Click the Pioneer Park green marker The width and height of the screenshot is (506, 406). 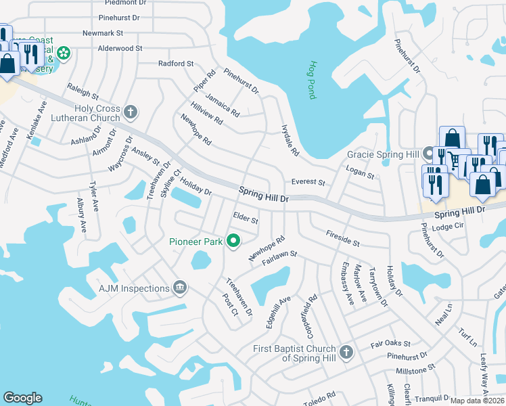[234, 241]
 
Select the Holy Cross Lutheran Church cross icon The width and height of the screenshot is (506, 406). [131, 111]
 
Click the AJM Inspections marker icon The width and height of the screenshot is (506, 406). [179, 288]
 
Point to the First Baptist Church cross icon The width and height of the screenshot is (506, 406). [346, 352]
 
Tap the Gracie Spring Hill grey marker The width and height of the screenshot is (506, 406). [428, 154]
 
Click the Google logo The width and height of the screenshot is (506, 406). [22, 398]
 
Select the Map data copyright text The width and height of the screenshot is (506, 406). [477, 401]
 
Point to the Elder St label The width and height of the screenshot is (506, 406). [246, 218]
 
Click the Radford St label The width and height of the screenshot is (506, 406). [176, 64]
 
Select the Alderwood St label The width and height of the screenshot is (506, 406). [120, 49]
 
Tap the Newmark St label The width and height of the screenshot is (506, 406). [102, 32]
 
